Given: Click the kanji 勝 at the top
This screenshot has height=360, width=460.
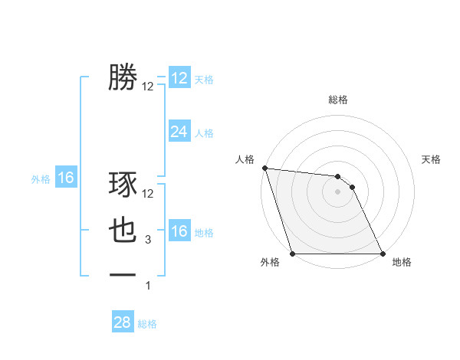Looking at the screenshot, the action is (122, 78).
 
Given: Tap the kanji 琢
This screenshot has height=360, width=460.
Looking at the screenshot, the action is (122, 185).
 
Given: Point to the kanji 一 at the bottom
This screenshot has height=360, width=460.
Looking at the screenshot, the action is (122, 273).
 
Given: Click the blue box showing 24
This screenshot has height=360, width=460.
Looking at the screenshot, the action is (179, 132).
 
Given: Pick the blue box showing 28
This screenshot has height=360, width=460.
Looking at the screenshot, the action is (122, 322).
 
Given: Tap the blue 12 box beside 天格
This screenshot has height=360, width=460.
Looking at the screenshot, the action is (179, 78).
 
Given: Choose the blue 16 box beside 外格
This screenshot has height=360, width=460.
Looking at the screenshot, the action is (65, 178).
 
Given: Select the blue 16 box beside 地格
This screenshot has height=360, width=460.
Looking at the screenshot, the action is (179, 231).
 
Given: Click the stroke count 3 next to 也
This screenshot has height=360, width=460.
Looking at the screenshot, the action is (148, 241).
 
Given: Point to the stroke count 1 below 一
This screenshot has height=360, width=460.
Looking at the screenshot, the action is (148, 286).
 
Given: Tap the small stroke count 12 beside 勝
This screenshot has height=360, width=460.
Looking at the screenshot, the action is (148, 87).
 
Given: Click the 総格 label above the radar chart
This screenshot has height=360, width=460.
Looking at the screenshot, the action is (338, 100).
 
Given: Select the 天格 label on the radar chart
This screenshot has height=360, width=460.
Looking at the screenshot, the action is (432, 159).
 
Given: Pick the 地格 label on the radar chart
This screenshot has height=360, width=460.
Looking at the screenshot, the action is (402, 263).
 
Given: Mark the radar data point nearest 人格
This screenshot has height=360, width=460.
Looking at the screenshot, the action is (264, 168).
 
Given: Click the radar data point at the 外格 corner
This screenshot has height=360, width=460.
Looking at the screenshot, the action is (293, 254).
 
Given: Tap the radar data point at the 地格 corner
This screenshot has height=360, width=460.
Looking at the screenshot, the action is (383, 254).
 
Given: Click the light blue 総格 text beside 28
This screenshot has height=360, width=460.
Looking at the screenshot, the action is (147, 324).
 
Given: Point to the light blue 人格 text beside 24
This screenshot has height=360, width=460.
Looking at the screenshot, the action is (204, 133).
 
